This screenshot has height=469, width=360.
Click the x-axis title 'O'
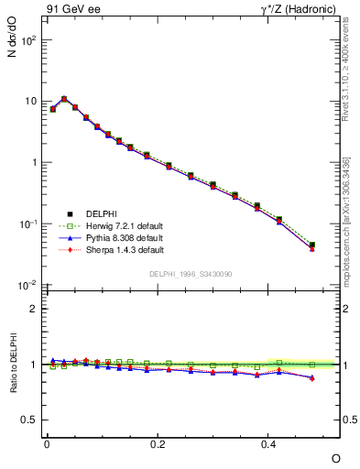335,458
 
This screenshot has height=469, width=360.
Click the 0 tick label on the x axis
48,442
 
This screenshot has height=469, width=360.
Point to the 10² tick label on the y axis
27,41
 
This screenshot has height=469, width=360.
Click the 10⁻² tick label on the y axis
27,286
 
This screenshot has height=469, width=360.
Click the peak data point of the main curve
64,98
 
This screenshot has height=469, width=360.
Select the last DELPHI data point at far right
312,245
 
